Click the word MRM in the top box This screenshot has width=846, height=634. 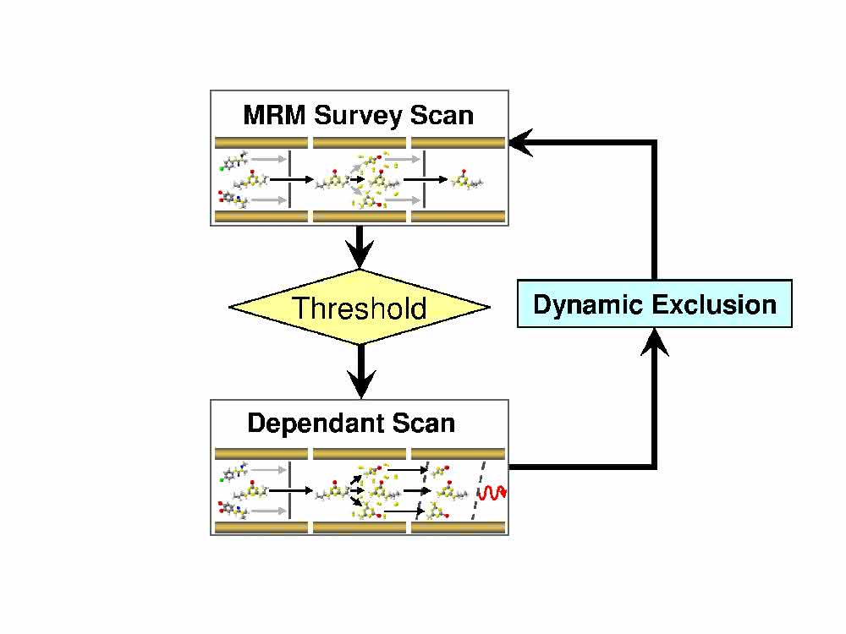pyautogui.click(x=275, y=115)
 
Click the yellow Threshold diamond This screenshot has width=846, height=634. pyautogui.click(x=360, y=308)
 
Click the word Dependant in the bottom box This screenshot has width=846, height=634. pyautogui.click(x=315, y=424)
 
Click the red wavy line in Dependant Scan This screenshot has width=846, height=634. pyautogui.click(x=492, y=493)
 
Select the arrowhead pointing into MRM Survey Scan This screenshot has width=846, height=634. pyautogui.click(x=520, y=143)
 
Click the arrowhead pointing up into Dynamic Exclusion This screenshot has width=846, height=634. pyautogui.click(x=655, y=342)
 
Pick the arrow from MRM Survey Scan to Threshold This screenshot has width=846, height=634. pyautogui.click(x=360, y=248)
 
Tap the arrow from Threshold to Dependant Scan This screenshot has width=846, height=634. pyautogui.click(x=361, y=371)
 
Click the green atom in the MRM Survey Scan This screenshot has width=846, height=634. pyautogui.click(x=221, y=169)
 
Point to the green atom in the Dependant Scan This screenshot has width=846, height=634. pyautogui.click(x=221, y=479)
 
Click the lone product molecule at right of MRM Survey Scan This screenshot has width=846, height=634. pyautogui.click(x=467, y=180)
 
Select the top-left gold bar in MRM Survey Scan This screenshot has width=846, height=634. pyautogui.click(x=261, y=143)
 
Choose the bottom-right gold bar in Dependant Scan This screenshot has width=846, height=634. pyautogui.click(x=458, y=527)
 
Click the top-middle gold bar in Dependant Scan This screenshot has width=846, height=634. pyautogui.click(x=360, y=453)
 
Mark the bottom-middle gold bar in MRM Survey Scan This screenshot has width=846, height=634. pyautogui.click(x=360, y=216)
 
